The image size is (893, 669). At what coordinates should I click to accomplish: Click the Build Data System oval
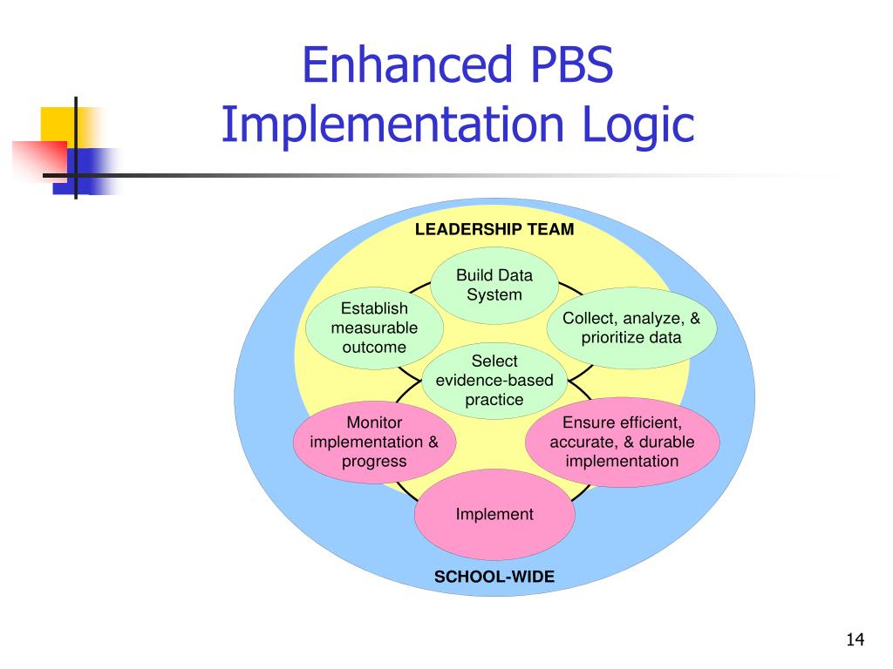[x=494, y=285]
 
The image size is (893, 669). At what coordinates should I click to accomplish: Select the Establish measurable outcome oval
[x=374, y=328]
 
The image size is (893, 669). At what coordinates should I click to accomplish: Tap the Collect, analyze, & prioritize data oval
[x=631, y=328]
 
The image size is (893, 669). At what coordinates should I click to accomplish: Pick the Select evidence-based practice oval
[x=494, y=381]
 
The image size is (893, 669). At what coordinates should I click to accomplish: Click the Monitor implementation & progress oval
[x=374, y=442]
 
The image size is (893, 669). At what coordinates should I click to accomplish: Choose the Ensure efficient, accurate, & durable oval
[x=622, y=442]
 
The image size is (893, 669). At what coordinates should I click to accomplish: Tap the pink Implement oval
[x=494, y=514]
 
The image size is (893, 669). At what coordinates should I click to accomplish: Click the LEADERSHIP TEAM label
[x=494, y=229]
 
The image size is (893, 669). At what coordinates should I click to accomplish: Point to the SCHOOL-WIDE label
[x=494, y=577]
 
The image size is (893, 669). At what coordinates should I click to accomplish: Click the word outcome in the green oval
[x=374, y=348]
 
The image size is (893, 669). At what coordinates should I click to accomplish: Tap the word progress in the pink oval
[x=374, y=461]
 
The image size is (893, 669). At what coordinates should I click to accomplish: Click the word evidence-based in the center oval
[x=494, y=381]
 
